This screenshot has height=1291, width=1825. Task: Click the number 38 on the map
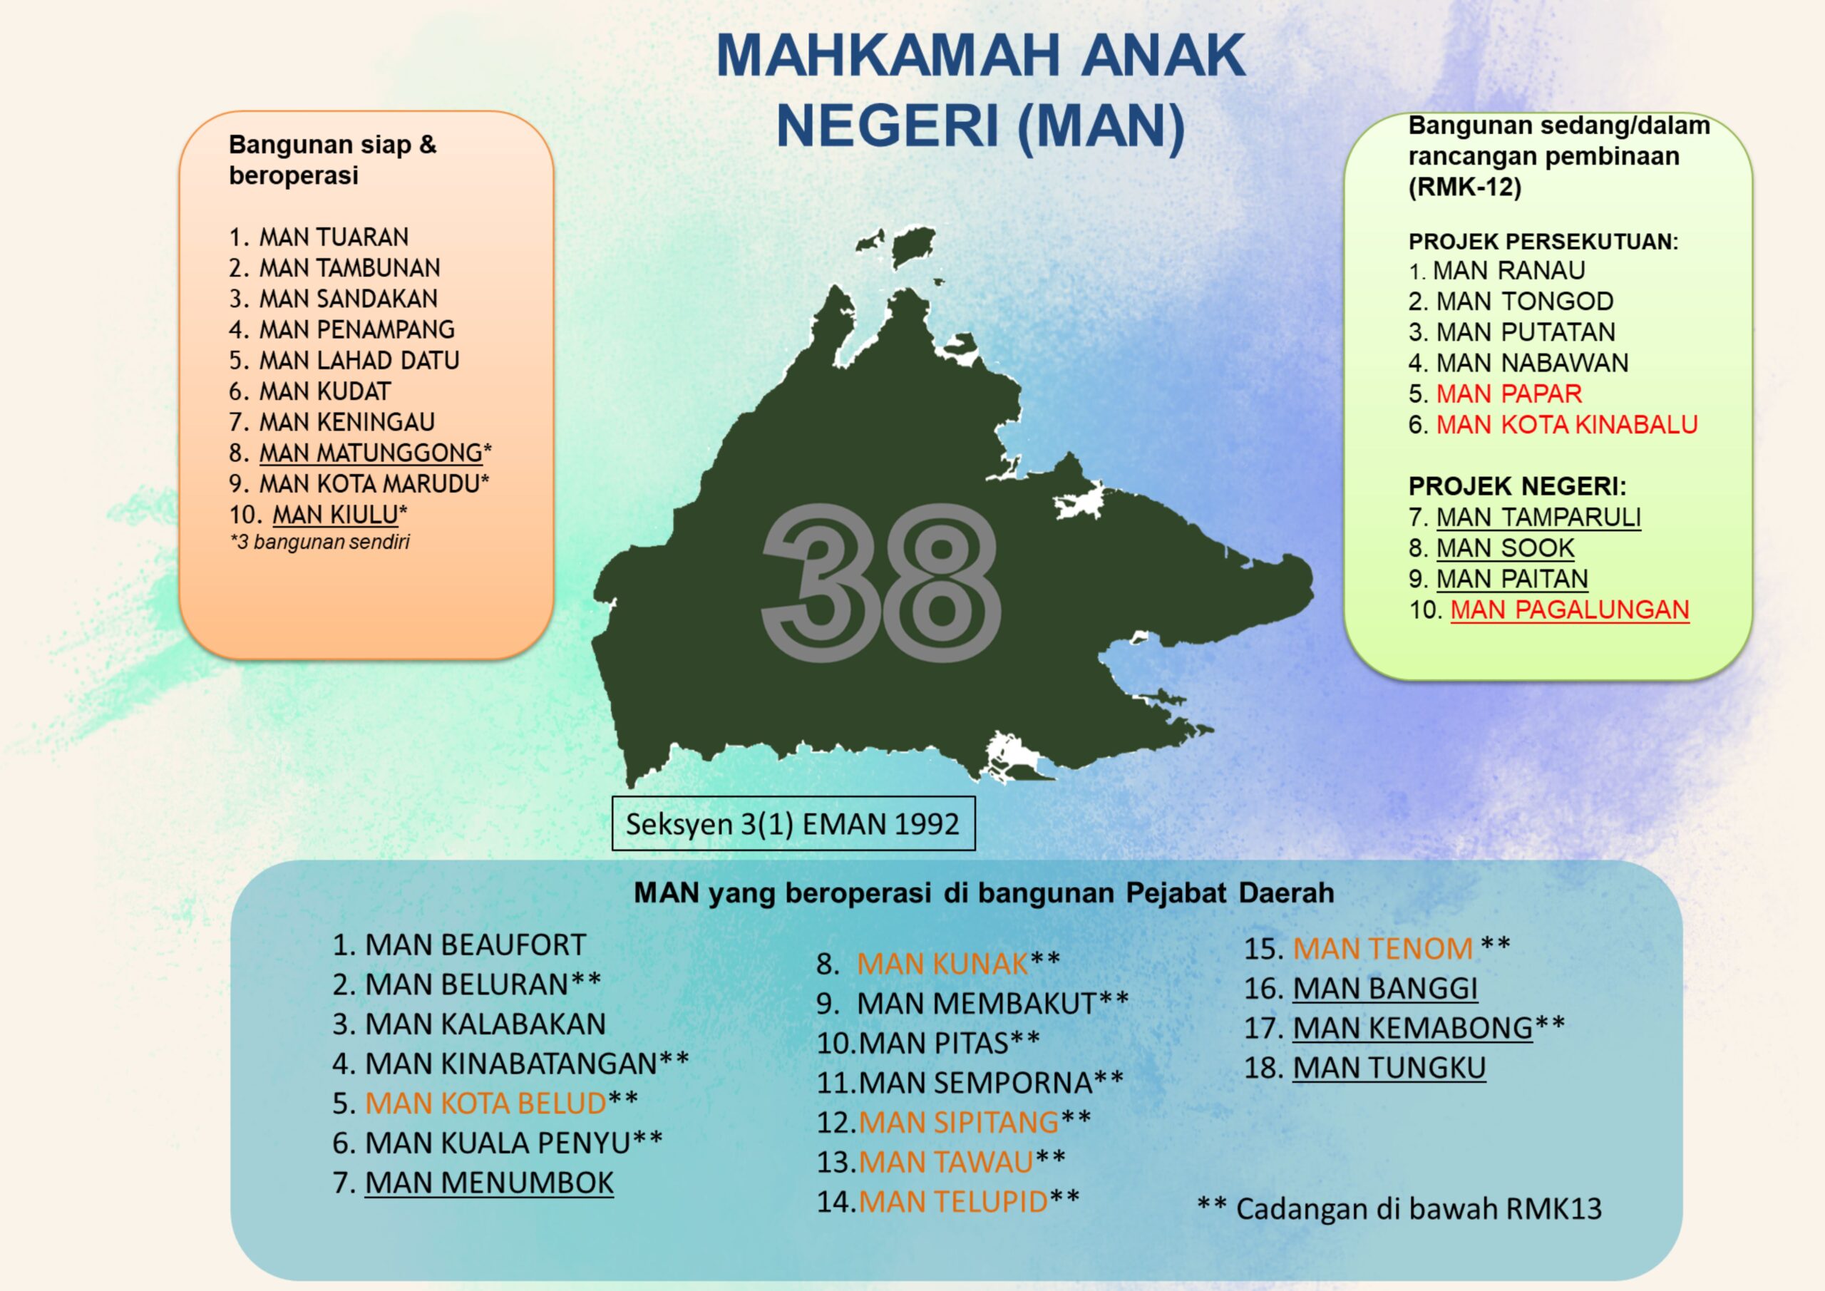click(x=880, y=582)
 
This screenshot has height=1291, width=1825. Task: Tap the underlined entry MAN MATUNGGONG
click(x=371, y=453)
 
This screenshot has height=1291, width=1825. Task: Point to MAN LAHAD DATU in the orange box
click(x=359, y=360)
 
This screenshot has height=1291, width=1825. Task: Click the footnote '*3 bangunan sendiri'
click(x=319, y=542)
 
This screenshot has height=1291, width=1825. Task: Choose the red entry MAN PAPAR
click(x=1509, y=394)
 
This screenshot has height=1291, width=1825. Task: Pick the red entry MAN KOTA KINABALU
click(x=1567, y=424)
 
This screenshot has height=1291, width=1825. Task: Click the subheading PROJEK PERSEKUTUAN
click(x=1543, y=242)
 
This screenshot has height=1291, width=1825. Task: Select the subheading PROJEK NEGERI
click(x=1518, y=485)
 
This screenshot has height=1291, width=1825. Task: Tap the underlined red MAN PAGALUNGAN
click(x=1570, y=610)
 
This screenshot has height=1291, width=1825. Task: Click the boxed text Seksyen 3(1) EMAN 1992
click(x=793, y=823)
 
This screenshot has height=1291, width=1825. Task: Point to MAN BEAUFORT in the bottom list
click(x=475, y=945)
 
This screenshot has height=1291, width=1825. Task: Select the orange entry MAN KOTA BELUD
click(x=485, y=1104)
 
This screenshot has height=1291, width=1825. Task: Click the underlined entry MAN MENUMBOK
click(x=489, y=1183)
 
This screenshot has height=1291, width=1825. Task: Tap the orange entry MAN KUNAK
click(x=942, y=965)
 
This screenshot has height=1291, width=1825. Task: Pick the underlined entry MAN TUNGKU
click(x=1389, y=1068)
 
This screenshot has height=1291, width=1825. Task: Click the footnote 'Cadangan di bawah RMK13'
click(x=1419, y=1208)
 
